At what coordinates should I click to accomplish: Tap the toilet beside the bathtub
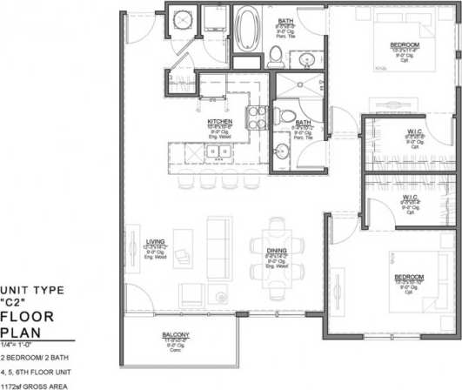[275, 56]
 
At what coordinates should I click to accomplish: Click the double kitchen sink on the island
[218, 151]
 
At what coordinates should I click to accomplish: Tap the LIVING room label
[156, 242]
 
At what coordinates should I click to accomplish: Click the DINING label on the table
[277, 251]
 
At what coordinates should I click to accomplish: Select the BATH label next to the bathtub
[285, 20]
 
